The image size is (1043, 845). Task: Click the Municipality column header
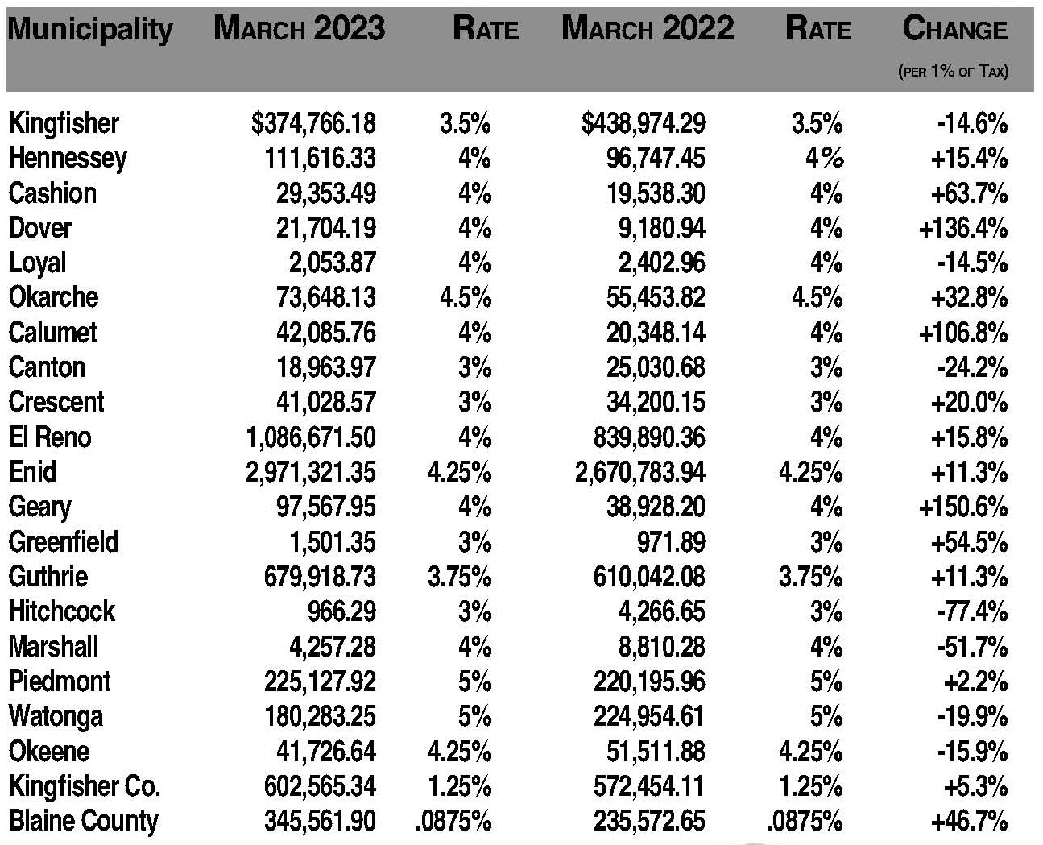[x=90, y=30]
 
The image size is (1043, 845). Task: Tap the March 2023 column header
[x=299, y=29]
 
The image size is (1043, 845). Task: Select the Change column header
[x=954, y=29]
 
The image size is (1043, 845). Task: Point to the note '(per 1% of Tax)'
[x=953, y=71]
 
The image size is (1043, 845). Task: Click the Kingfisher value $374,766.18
[x=313, y=123]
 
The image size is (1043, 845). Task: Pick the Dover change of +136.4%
[x=963, y=228]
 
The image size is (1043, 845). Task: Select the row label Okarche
[x=53, y=297]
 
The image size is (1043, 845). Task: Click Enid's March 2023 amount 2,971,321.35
[x=311, y=472]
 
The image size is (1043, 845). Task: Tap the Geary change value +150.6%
[x=963, y=507]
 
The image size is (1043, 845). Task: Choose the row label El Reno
[x=50, y=437]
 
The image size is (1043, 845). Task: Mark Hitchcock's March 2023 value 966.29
[x=342, y=611]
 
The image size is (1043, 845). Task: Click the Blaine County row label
[x=83, y=821]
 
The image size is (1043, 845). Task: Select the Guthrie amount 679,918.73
[x=320, y=577]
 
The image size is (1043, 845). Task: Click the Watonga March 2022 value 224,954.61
[x=649, y=716]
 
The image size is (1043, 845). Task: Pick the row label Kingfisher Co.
[x=85, y=786]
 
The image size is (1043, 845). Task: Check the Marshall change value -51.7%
[x=972, y=647]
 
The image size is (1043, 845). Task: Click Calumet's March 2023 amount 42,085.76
[x=325, y=333]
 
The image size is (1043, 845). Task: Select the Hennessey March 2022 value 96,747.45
[x=656, y=158]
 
